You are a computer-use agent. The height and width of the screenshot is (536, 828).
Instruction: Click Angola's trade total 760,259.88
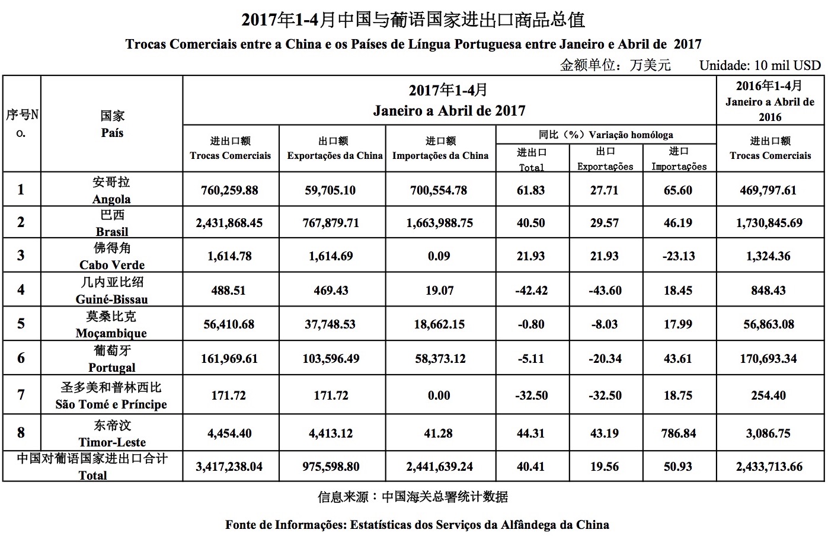(x=229, y=190)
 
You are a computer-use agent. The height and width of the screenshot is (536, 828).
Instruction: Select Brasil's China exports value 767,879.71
(x=332, y=223)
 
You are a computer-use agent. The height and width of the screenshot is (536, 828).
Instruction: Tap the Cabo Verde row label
(x=112, y=256)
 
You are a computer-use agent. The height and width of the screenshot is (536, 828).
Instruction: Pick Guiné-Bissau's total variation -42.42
(x=531, y=291)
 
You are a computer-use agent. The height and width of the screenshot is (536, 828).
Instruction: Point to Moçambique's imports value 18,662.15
(x=439, y=324)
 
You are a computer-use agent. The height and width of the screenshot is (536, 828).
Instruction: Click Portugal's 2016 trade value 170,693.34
(x=769, y=359)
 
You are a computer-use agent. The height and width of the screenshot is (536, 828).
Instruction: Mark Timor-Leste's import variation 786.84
(x=678, y=433)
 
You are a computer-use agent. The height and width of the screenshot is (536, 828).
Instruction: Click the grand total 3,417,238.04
(x=229, y=467)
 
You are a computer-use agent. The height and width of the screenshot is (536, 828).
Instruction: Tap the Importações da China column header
(x=440, y=149)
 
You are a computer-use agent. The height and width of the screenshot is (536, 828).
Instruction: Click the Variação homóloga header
(x=606, y=135)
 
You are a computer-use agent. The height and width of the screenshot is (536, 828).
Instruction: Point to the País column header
(x=112, y=125)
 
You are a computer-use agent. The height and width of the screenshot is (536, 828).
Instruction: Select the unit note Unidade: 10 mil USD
(x=760, y=65)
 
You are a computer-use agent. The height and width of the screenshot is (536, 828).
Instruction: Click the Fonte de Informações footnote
(x=417, y=524)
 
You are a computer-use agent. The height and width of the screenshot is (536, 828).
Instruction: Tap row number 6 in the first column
(x=21, y=358)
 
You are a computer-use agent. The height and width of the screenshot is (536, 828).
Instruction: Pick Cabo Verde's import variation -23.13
(x=678, y=256)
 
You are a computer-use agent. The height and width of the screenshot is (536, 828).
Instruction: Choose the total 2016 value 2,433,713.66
(x=769, y=467)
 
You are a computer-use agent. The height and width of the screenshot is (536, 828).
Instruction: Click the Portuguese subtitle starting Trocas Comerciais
(x=413, y=44)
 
